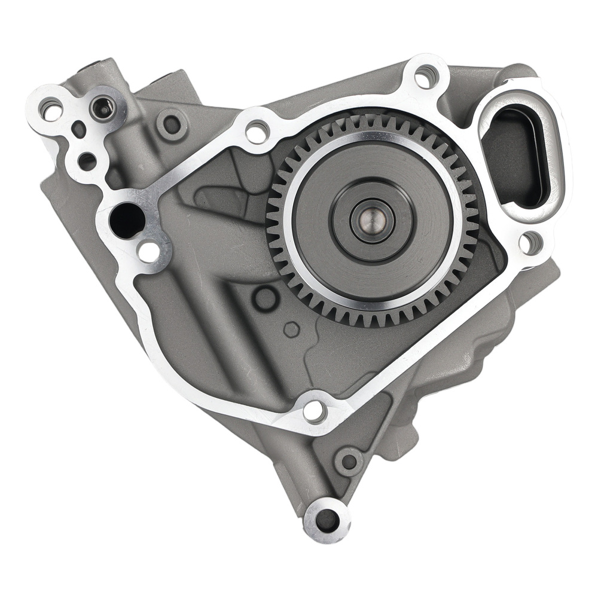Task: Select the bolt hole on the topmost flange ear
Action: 425,76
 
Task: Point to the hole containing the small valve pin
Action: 103,108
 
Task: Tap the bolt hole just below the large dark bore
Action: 148,251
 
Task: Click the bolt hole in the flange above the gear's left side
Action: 258,132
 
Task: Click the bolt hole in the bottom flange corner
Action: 314,411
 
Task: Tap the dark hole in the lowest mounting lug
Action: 327,520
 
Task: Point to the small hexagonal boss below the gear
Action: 291,329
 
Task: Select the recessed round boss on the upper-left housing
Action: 172,124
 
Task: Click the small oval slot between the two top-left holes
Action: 78,127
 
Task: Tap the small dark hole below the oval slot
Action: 87,161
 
